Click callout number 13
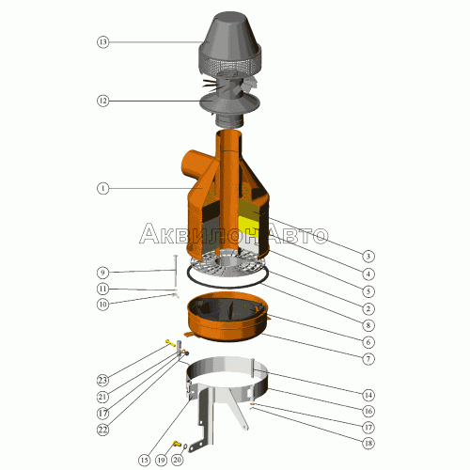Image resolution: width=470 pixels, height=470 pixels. [102, 41]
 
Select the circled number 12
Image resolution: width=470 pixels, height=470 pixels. [102, 101]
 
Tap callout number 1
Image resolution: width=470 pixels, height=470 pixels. [102, 188]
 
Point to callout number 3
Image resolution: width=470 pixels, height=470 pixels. [368, 257]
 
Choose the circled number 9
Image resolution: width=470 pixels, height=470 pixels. [102, 273]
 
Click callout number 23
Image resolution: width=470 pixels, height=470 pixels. [102, 380]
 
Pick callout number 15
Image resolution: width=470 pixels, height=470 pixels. [144, 460]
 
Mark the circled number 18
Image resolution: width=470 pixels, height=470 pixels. [368, 444]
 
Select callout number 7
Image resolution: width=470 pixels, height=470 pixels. [368, 359]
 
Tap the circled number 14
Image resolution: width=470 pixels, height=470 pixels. [368, 395]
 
